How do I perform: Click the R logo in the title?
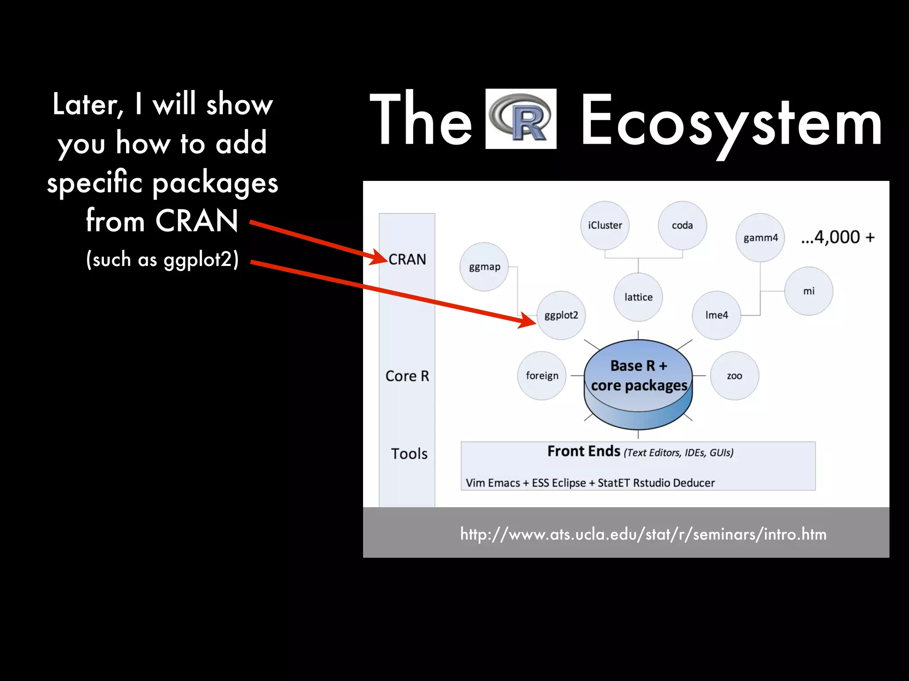521,119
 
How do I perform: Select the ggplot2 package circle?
561,315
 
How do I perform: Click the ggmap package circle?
484,267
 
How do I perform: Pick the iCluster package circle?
605,225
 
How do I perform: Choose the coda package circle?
682,225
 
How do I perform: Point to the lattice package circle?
638,297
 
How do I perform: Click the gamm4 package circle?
760,238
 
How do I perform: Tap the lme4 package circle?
717,315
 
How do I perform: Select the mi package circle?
809,291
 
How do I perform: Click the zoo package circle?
735,376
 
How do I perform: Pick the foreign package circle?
542,376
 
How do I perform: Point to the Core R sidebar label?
407,376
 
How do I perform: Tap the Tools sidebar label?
409,454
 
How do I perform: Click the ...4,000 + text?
838,237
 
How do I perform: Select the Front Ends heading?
584,451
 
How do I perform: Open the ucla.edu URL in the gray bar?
643,534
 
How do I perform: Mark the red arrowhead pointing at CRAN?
380,258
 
